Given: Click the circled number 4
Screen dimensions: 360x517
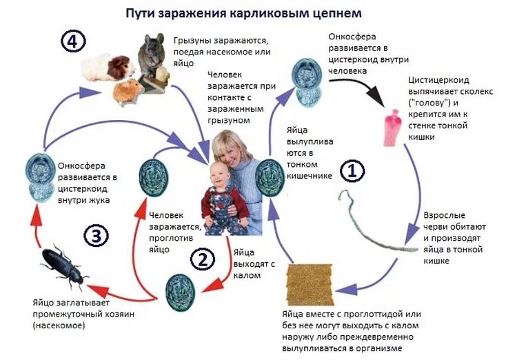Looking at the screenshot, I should (73, 42).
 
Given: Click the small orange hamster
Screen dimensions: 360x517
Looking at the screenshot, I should (128, 90).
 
